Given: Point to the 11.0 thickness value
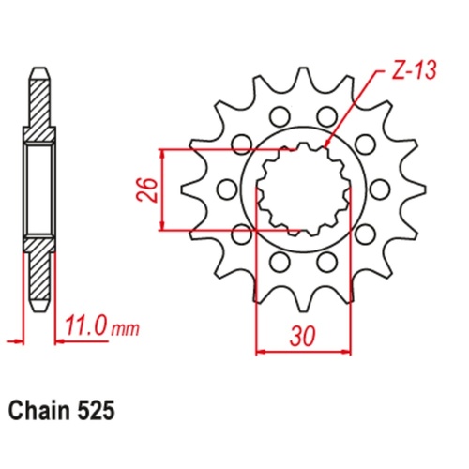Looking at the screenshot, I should pos(87,328).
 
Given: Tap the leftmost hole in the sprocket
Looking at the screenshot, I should pos(224,189).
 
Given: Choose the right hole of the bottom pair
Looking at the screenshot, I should pos(327,260).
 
